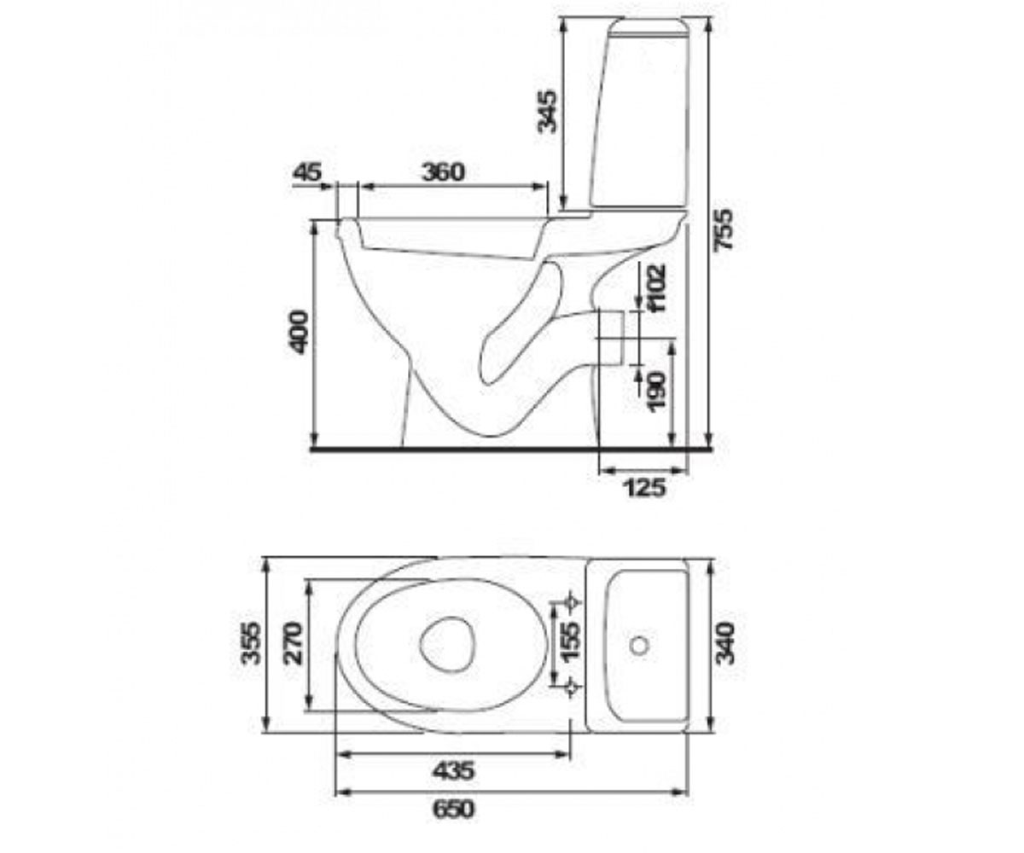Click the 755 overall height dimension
pyautogui.click(x=724, y=230)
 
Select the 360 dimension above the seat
pyautogui.click(x=443, y=172)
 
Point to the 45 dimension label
pyautogui.click(x=307, y=172)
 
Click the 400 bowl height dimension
pyautogui.click(x=299, y=332)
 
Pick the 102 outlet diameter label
pyautogui.click(x=657, y=287)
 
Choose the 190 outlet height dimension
pyautogui.click(x=657, y=392)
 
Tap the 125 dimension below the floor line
pyautogui.click(x=645, y=488)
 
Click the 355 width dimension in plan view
pyautogui.click(x=251, y=643)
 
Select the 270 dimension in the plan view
pyautogui.click(x=294, y=643)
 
